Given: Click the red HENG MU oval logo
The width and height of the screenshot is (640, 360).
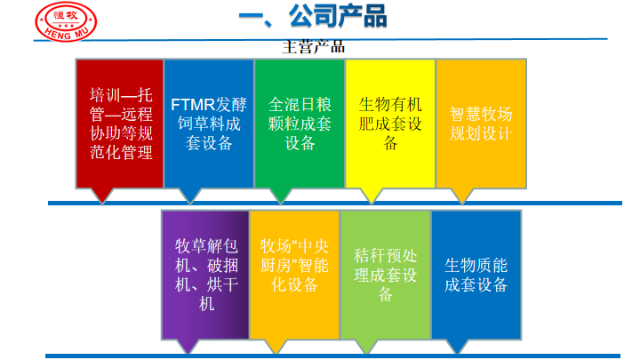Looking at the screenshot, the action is pyautogui.click(x=66, y=21).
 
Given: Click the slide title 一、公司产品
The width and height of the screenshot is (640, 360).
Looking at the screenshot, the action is pyautogui.click(x=313, y=16).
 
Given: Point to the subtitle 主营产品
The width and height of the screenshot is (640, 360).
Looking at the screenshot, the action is pyautogui.click(x=314, y=47).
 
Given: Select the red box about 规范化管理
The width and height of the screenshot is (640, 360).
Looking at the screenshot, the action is pyautogui.click(x=120, y=124).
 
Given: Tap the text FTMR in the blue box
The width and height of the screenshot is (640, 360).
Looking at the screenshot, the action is pyautogui.click(x=193, y=105).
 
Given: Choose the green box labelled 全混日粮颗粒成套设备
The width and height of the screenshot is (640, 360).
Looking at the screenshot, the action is pyautogui.click(x=300, y=124).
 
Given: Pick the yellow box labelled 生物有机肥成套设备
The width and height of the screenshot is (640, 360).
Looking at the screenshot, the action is pyautogui.click(x=390, y=124).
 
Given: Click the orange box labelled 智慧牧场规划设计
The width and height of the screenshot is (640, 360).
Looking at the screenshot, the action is pyautogui.click(x=481, y=124).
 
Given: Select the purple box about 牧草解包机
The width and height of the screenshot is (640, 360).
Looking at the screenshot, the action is pyautogui.click(x=205, y=275).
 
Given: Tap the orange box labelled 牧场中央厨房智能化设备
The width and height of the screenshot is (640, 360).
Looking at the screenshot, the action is pyautogui.click(x=294, y=275).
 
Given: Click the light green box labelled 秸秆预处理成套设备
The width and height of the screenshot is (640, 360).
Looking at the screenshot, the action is pyautogui.click(x=385, y=275).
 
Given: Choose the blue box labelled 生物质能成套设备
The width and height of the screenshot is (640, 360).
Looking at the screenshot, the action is pyautogui.click(x=476, y=275).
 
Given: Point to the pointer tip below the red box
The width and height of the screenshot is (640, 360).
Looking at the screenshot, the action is pyautogui.click(x=101, y=204).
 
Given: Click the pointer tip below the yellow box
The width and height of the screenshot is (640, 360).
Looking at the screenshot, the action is pyautogui.click(x=372, y=204).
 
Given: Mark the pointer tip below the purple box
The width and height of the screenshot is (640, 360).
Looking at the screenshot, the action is pyautogui.click(x=188, y=354).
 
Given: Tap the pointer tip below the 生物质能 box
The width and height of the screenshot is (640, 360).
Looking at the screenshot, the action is pyautogui.click(x=458, y=354).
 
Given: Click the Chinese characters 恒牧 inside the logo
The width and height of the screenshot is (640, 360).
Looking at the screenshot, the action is pyautogui.click(x=65, y=15).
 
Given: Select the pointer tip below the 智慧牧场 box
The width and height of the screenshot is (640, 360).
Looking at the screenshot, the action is pyautogui.click(x=462, y=204).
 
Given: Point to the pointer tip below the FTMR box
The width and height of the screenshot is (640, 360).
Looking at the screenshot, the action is pyautogui.click(x=190, y=204).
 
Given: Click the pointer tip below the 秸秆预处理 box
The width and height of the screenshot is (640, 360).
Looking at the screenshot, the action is pyautogui.click(x=366, y=354).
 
